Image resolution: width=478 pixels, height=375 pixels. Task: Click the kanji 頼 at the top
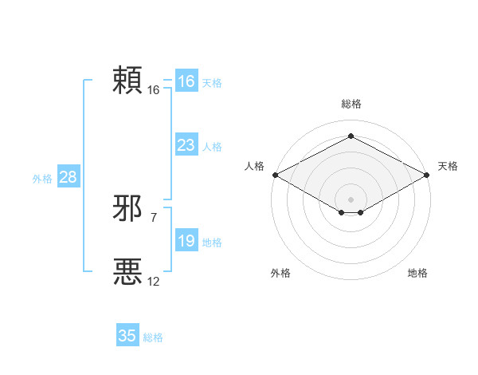(x=127, y=81)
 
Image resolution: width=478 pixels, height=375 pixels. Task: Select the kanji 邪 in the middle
(x=127, y=209)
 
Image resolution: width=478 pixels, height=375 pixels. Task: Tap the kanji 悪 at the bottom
(x=127, y=272)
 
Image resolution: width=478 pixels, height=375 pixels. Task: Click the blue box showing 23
(x=186, y=145)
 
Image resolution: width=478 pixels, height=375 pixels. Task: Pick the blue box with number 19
(x=186, y=241)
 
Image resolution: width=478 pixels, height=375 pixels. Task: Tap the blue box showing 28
(x=68, y=177)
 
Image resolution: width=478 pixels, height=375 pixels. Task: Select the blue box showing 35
(x=127, y=336)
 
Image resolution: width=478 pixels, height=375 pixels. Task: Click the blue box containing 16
(x=186, y=81)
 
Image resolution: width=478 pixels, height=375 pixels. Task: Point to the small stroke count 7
(x=153, y=217)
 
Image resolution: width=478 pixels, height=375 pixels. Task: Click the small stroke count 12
(x=153, y=281)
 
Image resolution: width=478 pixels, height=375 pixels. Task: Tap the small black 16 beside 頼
(x=153, y=90)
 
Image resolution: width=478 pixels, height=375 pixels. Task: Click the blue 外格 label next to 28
(x=42, y=179)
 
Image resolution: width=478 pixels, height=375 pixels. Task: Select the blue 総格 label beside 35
(x=153, y=337)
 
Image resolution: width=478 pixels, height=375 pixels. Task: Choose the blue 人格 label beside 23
(x=212, y=147)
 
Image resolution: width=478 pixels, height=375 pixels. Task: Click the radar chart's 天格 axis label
(x=448, y=166)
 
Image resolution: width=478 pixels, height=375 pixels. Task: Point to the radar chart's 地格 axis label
(x=417, y=273)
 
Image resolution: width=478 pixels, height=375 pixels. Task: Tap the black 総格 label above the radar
(x=351, y=104)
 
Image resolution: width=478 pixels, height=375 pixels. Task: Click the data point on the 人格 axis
(x=274, y=175)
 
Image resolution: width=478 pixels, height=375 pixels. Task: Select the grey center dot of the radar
(x=351, y=198)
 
